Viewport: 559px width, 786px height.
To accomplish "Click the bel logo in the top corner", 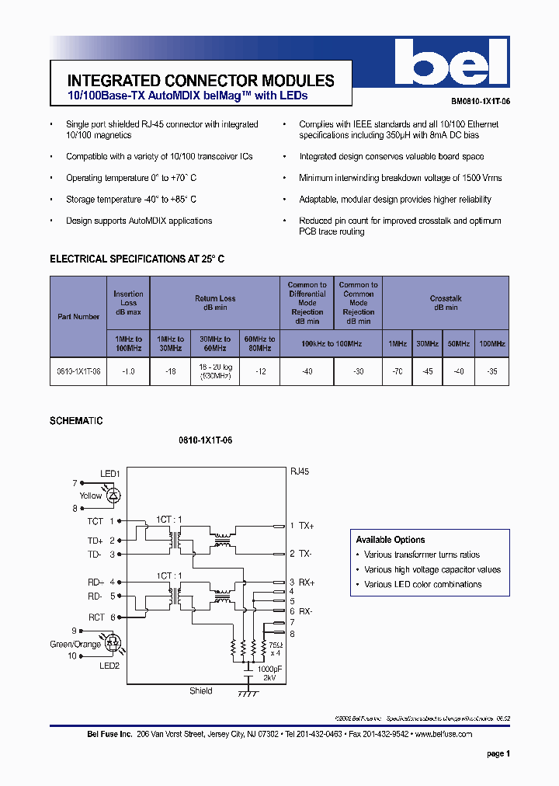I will click(x=451, y=64).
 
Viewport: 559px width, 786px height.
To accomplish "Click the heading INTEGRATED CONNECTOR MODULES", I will click(x=201, y=81).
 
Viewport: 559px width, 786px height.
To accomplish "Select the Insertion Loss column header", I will click(x=128, y=303).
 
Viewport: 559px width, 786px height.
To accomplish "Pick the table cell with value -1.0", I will click(x=128, y=372).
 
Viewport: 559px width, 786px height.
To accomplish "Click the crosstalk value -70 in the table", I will click(x=397, y=372).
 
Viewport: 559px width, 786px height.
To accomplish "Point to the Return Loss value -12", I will click(x=260, y=372).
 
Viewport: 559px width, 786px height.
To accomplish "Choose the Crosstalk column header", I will click(x=446, y=303).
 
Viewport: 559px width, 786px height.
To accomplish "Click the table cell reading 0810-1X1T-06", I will click(x=78, y=372).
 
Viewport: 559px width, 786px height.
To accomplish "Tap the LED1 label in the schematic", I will click(x=109, y=474).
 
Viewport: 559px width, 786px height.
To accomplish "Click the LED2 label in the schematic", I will click(x=109, y=666).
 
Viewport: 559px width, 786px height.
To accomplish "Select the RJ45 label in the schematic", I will click(x=300, y=471).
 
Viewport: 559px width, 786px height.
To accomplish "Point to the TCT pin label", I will click(x=95, y=521).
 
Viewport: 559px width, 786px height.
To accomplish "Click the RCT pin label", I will click(x=95, y=617).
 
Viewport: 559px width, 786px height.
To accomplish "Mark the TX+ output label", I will click(x=306, y=526).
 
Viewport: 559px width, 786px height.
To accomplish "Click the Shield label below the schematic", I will click(x=200, y=690).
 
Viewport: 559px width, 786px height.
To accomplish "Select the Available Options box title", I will click(x=391, y=540).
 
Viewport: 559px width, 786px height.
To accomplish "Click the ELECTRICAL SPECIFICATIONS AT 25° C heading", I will click(x=137, y=259).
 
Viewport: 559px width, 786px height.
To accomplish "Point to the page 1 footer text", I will click(x=498, y=753).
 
